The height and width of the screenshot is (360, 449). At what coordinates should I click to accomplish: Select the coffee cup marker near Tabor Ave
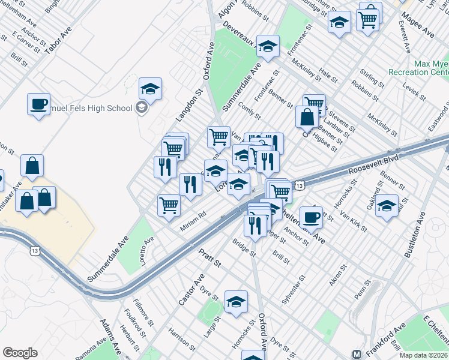38,104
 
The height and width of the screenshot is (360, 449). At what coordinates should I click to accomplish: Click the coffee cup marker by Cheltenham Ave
311,217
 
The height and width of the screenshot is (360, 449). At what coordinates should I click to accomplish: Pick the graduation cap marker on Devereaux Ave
268,46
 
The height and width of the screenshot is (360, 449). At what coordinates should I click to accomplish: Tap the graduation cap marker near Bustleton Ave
387,206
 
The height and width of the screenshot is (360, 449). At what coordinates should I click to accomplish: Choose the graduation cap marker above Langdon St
150,89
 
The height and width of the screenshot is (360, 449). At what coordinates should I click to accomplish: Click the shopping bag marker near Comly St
307,116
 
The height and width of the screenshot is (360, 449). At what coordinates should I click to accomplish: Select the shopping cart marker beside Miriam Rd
169,206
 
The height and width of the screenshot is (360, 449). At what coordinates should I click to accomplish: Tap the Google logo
20,353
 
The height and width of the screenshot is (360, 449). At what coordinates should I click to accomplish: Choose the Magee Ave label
418,23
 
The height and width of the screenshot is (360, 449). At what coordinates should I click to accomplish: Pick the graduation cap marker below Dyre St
236,302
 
